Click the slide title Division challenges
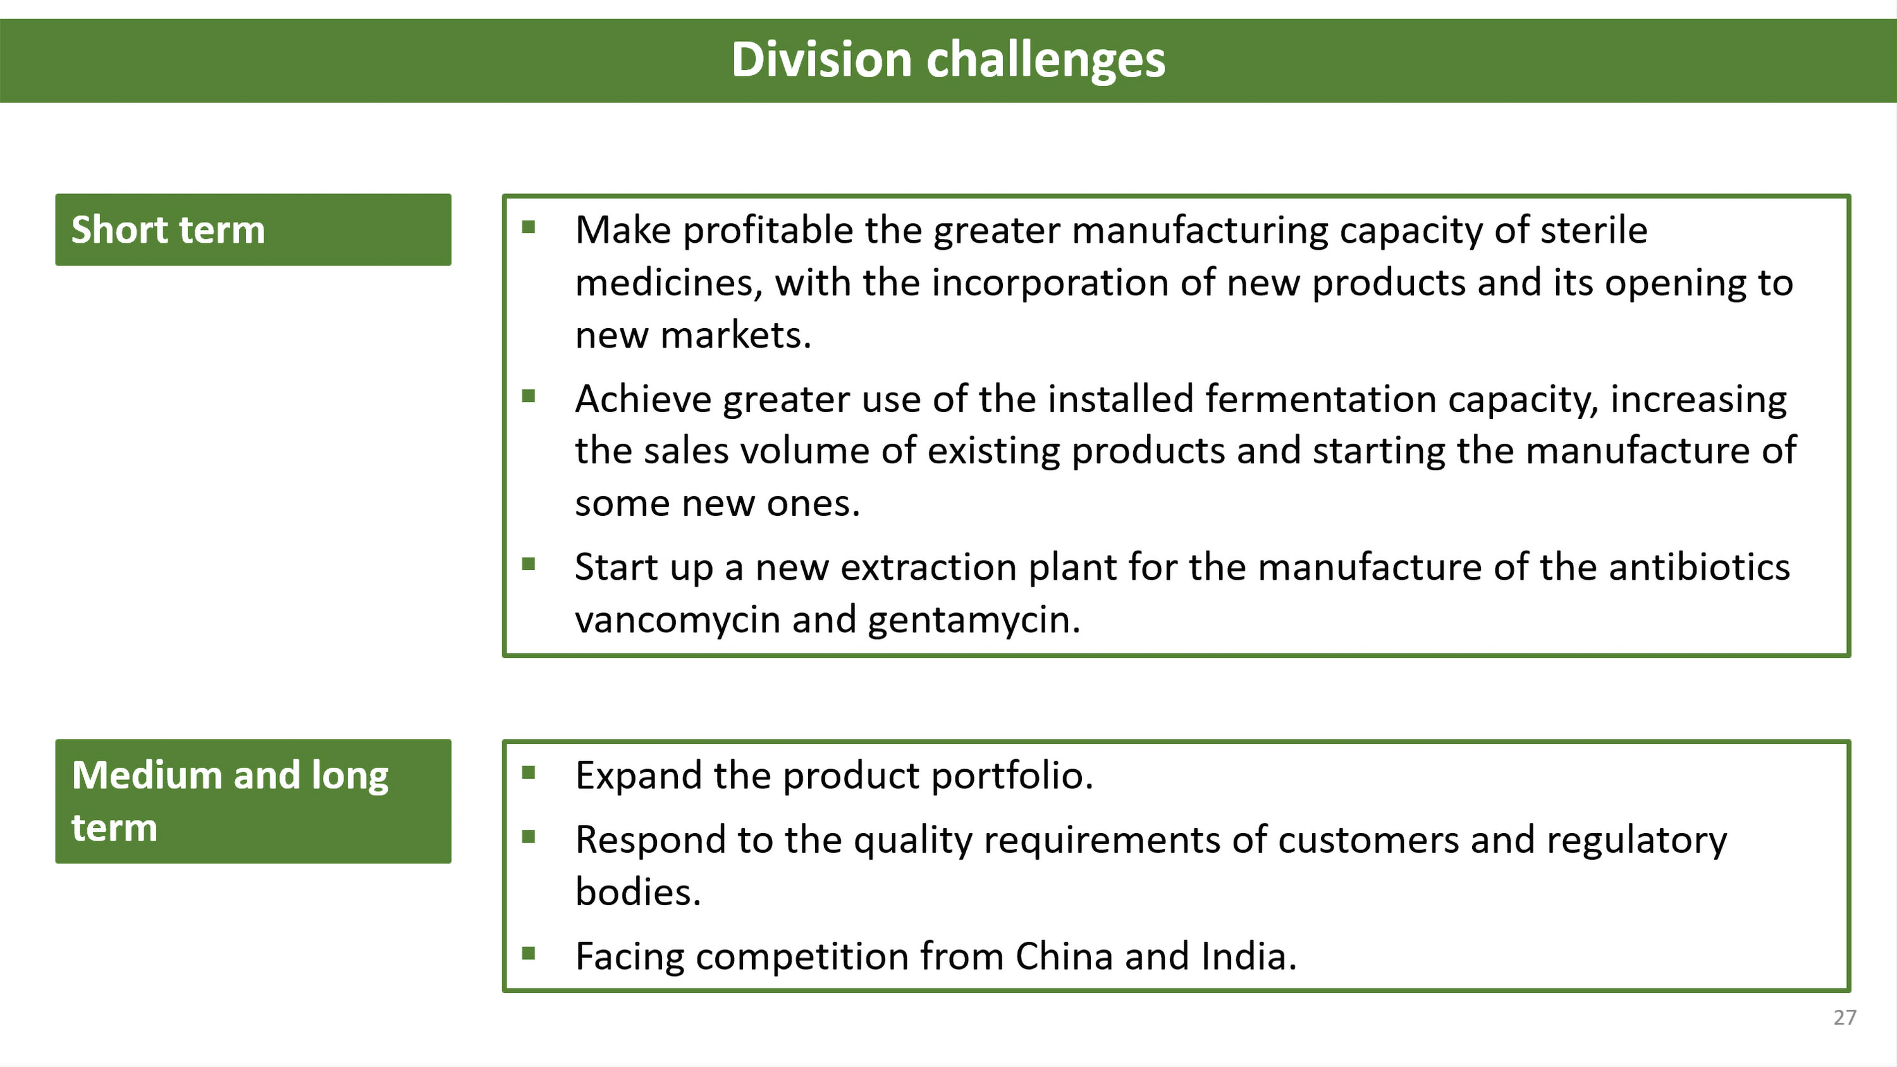click(948, 59)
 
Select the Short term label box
click(254, 229)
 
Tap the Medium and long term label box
click(254, 801)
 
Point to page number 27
click(1845, 1018)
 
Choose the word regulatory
click(1637, 840)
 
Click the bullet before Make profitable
click(528, 227)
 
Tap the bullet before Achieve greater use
click(528, 396)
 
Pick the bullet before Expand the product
click(528, 772)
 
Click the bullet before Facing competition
click(528, 954)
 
